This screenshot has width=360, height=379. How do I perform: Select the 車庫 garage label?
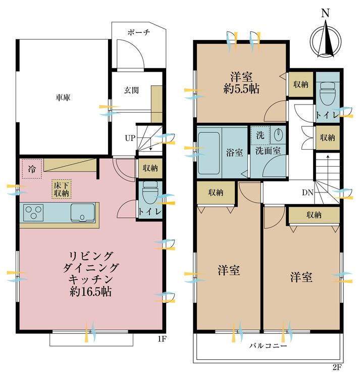tap(63, 98)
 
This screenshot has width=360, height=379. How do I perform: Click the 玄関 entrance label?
tap(132, 90)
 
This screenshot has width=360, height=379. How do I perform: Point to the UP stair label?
tap(130, 138)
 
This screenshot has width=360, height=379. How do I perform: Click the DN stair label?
tap(307, 192)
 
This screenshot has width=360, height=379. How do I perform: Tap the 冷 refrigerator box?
tap(32, 169)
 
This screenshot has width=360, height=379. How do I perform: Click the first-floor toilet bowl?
tap(150, 193)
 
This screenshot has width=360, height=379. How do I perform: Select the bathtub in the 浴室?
tap(209, 152)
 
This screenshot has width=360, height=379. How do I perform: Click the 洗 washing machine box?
tap(260, 135)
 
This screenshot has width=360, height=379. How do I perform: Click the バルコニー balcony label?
tap(268, 347)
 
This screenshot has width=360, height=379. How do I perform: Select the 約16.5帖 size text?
tap(90, 292)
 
